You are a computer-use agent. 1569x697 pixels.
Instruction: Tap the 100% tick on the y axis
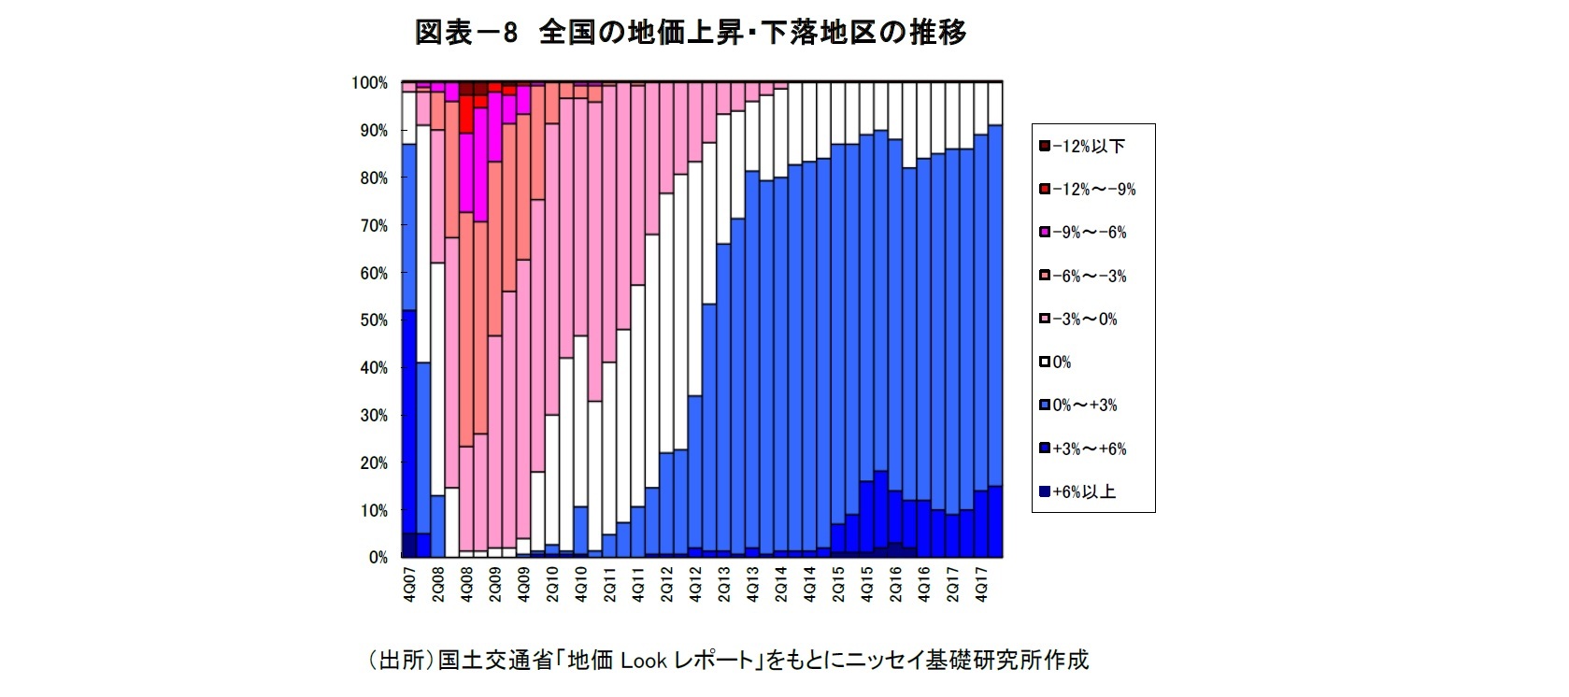(369, 83)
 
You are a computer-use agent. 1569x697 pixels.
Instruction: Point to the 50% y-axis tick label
(373, 320)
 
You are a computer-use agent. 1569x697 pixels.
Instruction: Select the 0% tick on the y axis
(378, 558)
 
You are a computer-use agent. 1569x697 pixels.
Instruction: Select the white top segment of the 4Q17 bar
(981, 107)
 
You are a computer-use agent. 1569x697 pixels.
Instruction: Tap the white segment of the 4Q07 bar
(408, 118)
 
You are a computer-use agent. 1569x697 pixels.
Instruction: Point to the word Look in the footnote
(644, 661)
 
